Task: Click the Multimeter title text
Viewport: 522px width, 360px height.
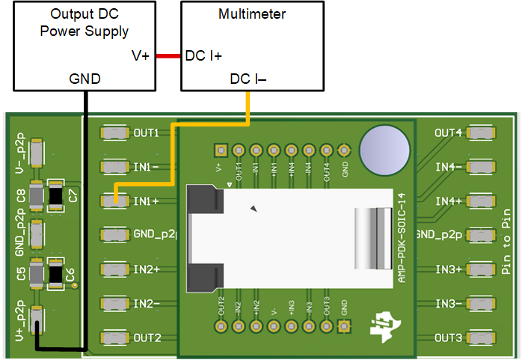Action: [x=252, y=14]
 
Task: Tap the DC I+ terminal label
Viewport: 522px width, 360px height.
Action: [x=203, y=55]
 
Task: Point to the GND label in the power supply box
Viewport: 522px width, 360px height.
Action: [x=85, y=79]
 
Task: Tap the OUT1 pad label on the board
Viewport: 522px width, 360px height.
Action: [x=146, y=133]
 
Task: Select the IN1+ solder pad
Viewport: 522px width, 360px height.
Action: [x=114, y=201]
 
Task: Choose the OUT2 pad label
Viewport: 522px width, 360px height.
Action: [x=147, y=338]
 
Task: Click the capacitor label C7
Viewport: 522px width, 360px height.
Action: [x=73, y=195]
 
